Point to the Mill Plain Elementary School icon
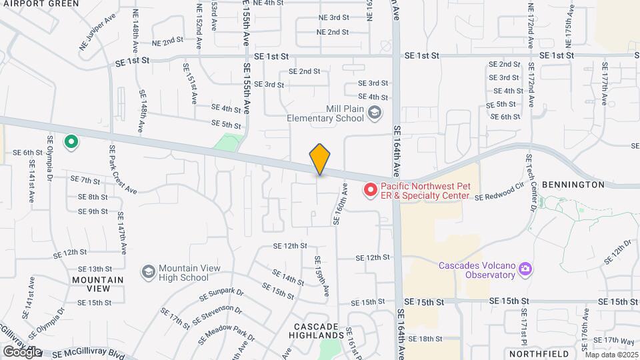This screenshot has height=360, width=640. click(x=375, y=113)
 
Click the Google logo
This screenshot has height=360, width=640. click(x=23, y=351)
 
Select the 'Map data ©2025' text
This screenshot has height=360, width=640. click(x=611, y=355)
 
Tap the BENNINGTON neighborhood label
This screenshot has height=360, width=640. click(x=573, y=184)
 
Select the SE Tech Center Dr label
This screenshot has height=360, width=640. click(x=531, y=183)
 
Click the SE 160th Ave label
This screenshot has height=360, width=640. click(x=340, y=205)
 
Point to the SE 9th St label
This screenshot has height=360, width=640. click(x=93, y=211)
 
